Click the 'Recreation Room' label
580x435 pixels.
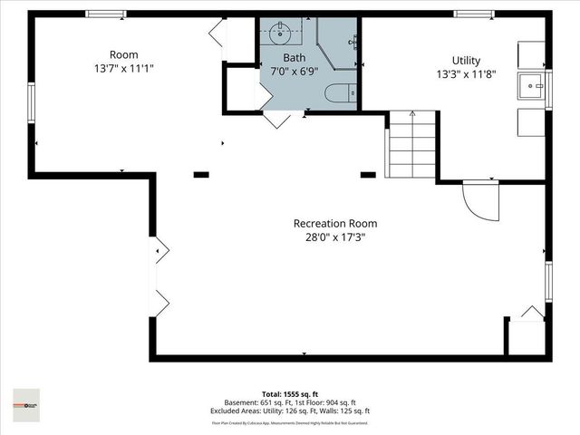coord(334,223)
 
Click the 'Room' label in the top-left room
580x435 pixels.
coord(123,54)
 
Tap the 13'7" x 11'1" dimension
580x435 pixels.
coord(123,68)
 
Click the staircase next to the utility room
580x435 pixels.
coord(412,145)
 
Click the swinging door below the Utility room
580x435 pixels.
coord(479,200)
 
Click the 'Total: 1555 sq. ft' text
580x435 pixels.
coord(291,393)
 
